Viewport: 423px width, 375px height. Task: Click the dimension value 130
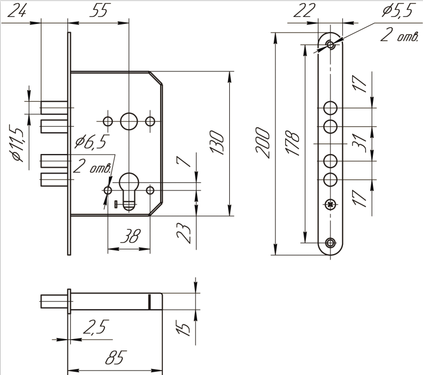217,143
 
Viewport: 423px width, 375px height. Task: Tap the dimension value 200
263,143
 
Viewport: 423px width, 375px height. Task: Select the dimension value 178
293,143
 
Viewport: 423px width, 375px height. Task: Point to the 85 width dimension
115,358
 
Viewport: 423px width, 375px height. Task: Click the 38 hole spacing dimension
130,236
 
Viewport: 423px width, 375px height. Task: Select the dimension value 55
99,11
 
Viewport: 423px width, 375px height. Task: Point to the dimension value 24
17,11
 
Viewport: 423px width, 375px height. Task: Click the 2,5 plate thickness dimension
96,327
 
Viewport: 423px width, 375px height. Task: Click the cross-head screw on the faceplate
330,205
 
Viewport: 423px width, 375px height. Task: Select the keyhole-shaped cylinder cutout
128,190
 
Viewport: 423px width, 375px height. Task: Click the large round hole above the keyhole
129,121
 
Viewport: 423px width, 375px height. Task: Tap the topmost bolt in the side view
54,108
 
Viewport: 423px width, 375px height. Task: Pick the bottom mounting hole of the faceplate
330,243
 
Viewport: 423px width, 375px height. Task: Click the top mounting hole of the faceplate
330,44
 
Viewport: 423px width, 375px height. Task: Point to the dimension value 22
304,11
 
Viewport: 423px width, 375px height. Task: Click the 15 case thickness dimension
183,328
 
